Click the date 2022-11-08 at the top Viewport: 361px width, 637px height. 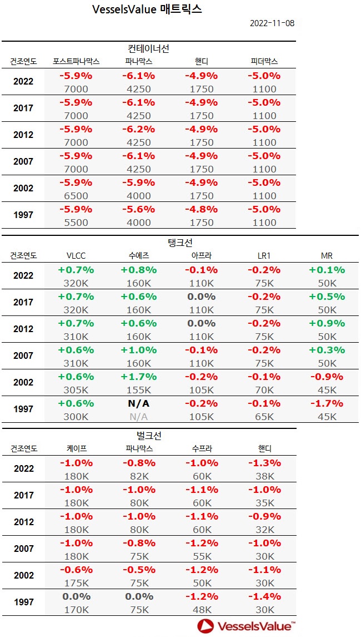point(272,23)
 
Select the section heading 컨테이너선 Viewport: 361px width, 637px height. point(148,48)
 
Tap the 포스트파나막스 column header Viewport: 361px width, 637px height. point(76,61)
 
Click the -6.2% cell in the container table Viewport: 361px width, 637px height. point(139,129)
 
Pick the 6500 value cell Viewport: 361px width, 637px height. point(76,196)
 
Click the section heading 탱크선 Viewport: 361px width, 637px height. point(180,243)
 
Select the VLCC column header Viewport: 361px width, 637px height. point(76,255)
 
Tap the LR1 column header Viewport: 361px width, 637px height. point(264,255)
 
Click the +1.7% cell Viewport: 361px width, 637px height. point(139,377)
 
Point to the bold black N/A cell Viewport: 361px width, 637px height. point(139,403)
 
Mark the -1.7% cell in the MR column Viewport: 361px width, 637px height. point(327,403)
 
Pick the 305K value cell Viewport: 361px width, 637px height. point(76,390)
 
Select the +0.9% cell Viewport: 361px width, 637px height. point(327,323)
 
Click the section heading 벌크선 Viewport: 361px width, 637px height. point(148,436)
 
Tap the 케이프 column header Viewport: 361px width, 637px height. point(76,448)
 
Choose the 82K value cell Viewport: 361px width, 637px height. point(139,476)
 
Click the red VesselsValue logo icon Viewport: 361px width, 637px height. point(205,626)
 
